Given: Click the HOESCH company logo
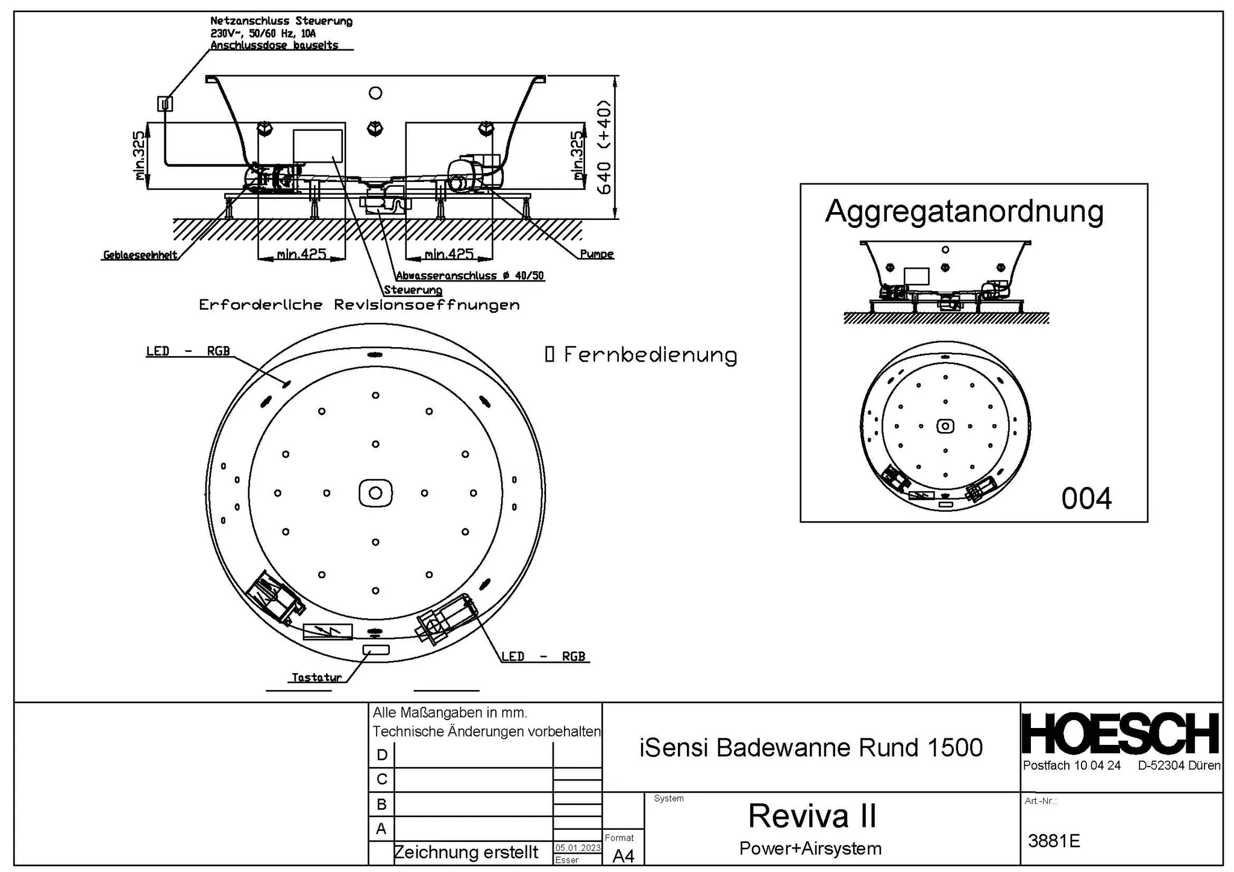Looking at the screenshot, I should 1121,733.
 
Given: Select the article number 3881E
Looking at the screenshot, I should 1054,841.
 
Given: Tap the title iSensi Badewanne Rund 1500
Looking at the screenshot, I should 810,748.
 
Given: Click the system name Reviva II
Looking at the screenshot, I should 812,816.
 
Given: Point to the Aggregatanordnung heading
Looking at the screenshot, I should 964,212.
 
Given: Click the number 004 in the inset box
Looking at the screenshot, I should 1086,499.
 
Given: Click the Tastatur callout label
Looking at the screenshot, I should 316,677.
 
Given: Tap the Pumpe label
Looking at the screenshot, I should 597,254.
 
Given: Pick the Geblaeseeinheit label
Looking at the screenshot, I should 140,255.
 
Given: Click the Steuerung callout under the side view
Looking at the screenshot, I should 413,290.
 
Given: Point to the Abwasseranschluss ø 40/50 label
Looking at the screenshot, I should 470,276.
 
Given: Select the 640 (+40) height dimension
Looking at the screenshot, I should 604,147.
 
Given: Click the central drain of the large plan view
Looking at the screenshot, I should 375,493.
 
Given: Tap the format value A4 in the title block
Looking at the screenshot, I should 623,856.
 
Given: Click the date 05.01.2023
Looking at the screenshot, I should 577,848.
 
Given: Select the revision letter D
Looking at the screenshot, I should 381,755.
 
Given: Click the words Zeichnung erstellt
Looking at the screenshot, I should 466,852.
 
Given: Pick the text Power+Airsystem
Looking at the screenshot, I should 810,848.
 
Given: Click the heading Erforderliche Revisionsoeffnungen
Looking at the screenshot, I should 359,305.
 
